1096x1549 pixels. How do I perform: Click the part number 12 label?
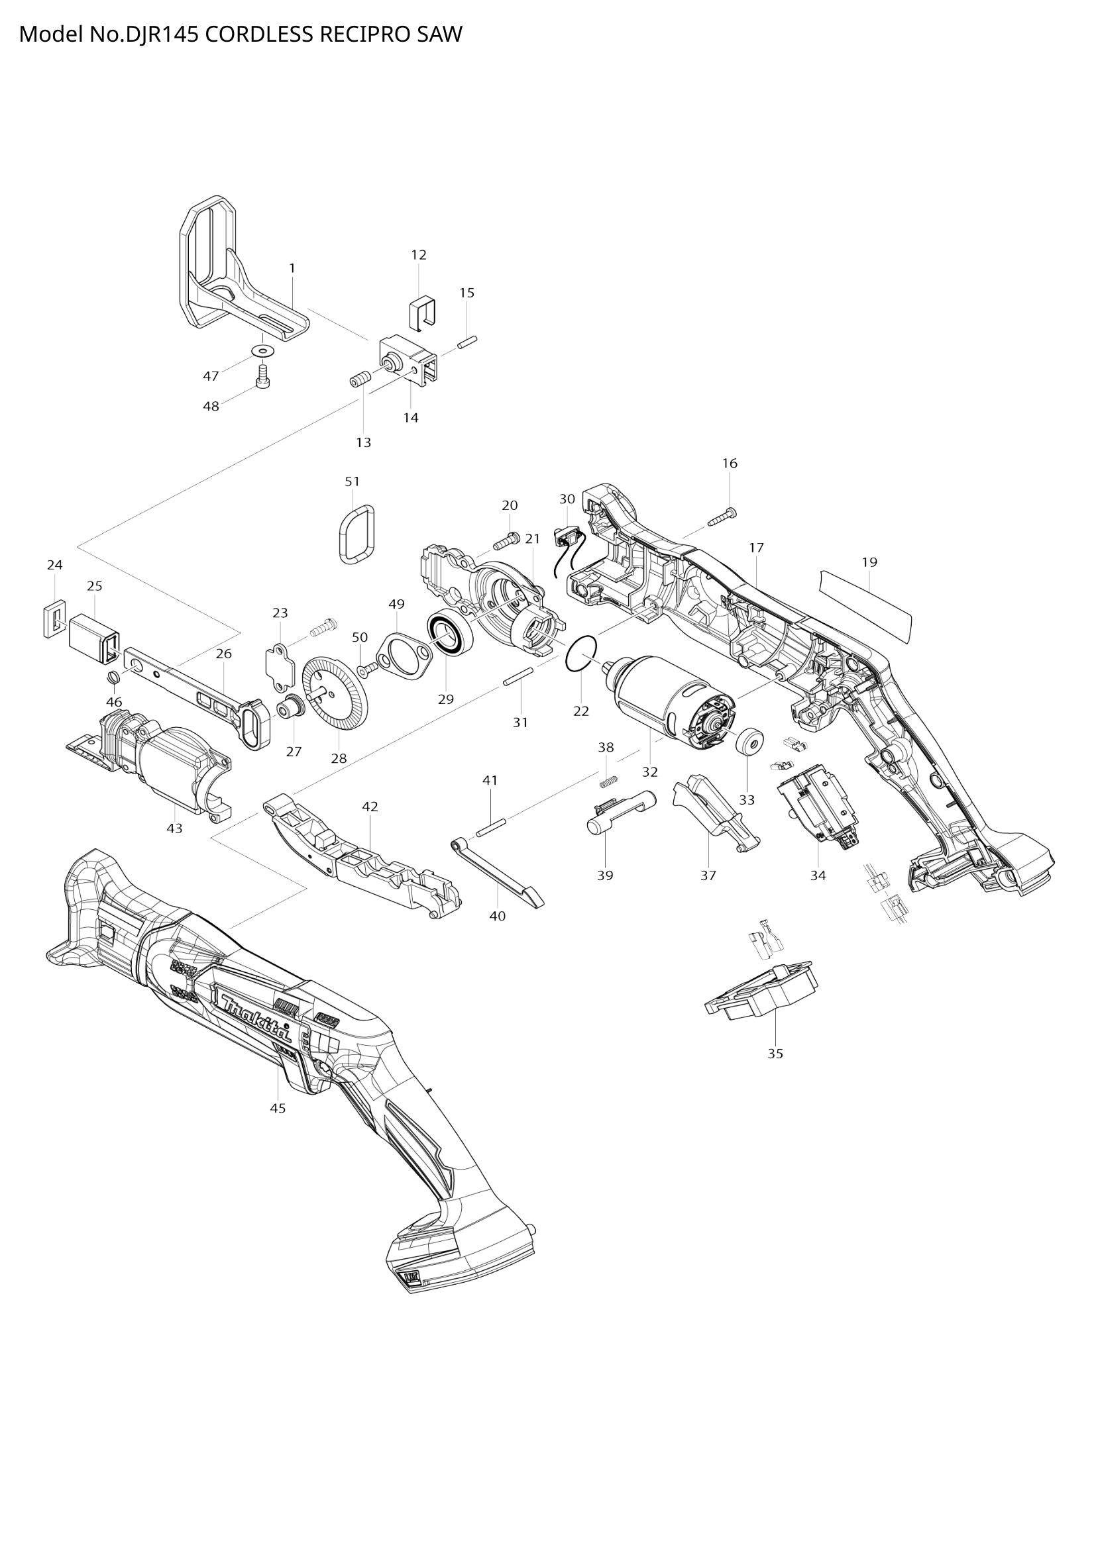click(x=418, y=255)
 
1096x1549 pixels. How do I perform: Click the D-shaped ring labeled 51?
click(x=356, y=533)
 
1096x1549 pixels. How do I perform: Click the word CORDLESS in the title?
click(x=258, y=34)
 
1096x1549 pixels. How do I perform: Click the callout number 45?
click(x=278, y=1108)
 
